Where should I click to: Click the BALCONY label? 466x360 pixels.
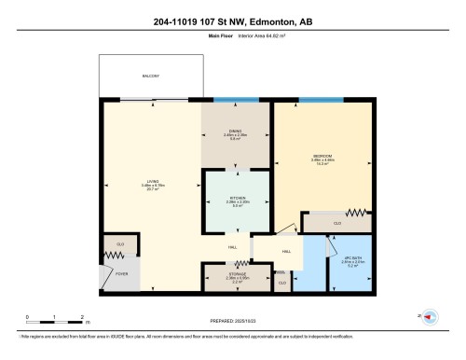(x=151, y=76)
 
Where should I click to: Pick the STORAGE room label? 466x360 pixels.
(x=236, y=276)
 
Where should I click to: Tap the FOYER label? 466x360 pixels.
(x=120, y=274)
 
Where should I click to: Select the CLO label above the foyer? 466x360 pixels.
(x=120, y=244)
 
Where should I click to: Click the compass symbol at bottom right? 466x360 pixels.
(x=431, y=318)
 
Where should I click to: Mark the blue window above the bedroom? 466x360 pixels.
(x=322, y=99)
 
